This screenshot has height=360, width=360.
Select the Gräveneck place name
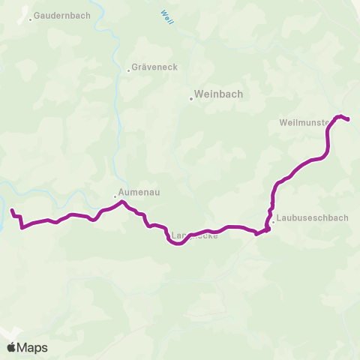(155, 67)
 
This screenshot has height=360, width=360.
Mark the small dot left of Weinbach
(190, 96)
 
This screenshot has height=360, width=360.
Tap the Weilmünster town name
(303, 122)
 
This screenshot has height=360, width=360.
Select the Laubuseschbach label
(312, 219)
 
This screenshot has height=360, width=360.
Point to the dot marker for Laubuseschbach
(273, 221)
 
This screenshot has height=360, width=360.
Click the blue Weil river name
(166, 16)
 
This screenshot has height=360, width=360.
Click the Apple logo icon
(11, 347)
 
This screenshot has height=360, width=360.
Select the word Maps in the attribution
(33, 347)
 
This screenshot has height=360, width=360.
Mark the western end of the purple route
(12, 210)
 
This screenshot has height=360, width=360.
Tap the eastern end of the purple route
(349, 119)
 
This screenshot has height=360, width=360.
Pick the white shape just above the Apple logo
(7, 332)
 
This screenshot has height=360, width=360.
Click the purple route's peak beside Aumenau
(122, 201)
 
